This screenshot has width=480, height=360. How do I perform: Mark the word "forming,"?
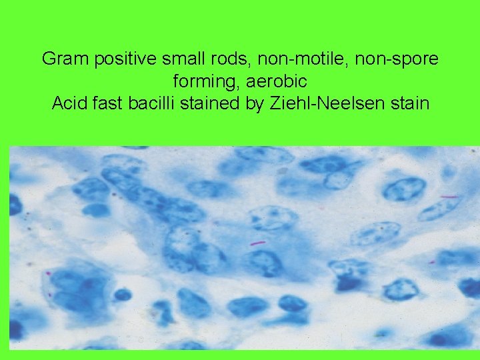click(202, 81)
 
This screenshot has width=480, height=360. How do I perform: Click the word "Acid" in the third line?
click(69, 104)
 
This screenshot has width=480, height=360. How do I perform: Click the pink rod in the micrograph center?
click(258, 243)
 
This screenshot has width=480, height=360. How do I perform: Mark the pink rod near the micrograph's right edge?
click(448, 197)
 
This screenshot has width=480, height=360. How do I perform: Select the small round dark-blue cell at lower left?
click(123, 294)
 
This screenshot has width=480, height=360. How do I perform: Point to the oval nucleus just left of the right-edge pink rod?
click(405, 189)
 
